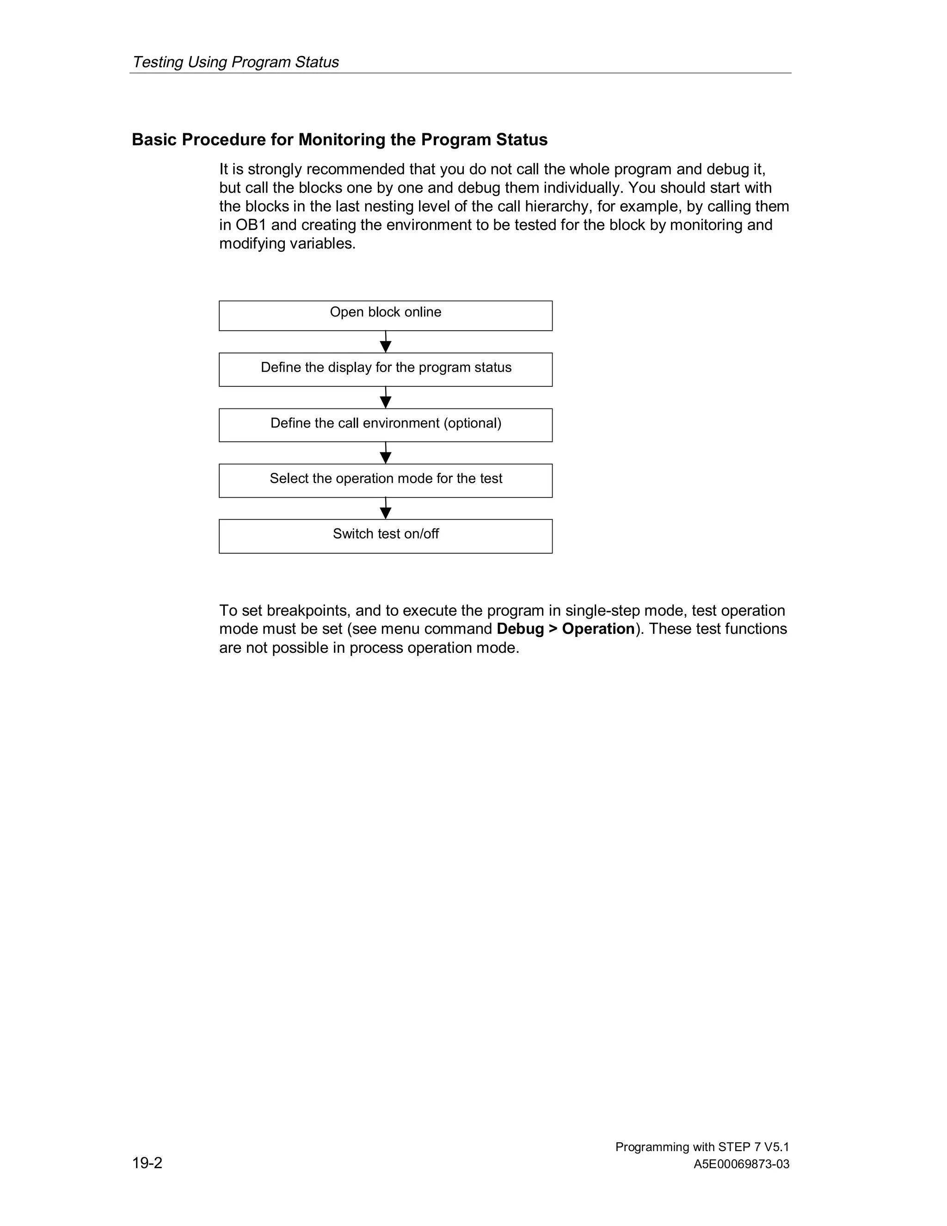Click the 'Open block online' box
[386, 316]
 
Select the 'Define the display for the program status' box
[386, 369]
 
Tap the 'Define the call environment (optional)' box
[386, 425]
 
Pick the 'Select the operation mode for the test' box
[386, 481]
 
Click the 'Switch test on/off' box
[386, 536]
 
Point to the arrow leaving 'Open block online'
[386, 342]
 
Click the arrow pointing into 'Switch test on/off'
[386, 508]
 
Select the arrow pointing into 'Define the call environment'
[386, 397]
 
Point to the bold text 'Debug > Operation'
[566, 629]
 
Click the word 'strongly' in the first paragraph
[275, 169]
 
